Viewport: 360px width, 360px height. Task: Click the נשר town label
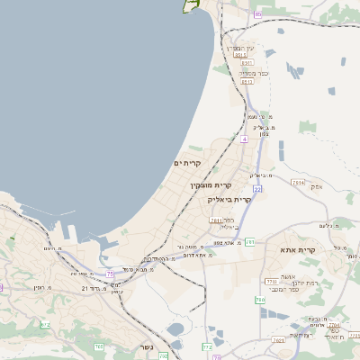pos(146,347)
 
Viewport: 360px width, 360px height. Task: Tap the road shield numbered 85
pos(257,14)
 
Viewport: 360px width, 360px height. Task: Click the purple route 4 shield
pos(244,139)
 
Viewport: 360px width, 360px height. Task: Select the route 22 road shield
pos(257,189)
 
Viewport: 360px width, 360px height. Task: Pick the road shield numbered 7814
pos(298,182)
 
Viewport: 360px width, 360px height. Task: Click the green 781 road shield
pos(249,241)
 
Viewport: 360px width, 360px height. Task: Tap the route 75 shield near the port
pos(110,274)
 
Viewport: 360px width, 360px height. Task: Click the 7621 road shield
pos(278,341)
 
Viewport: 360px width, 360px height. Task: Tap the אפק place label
pos(315,188)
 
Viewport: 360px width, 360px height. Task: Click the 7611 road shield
pos(216,220)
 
